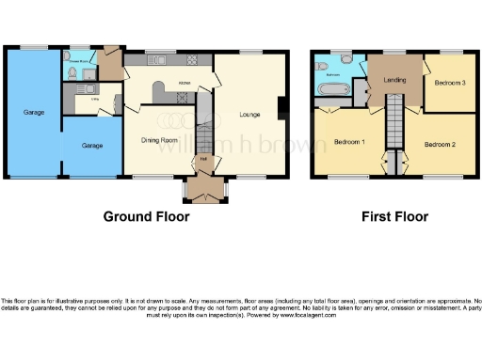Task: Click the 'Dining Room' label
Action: (159, 141)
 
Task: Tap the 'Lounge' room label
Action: (249, 115)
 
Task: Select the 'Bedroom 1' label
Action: (350, 142)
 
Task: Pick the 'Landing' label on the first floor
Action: (395, 80)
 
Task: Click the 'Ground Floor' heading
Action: (146, 216)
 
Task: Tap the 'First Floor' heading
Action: (395, 216)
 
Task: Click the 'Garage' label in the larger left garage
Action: (33, 113)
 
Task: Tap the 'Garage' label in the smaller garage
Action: (91, 146)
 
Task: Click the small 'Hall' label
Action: (204, 157)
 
